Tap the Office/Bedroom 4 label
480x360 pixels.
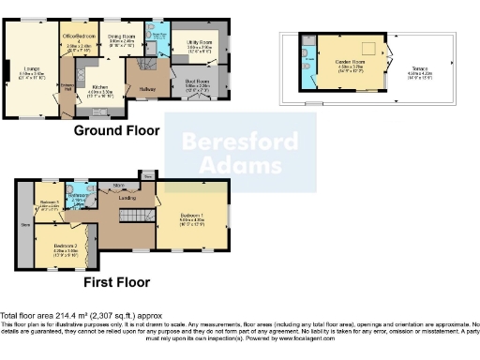tap(80, 38)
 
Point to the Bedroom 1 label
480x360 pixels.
tap(189, 217)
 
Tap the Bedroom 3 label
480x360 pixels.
tap(49, 204)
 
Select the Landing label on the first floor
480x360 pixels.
tap(127, 199)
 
